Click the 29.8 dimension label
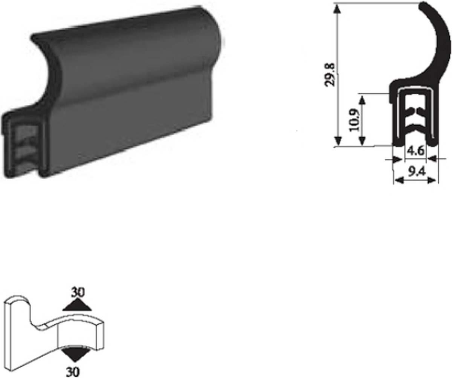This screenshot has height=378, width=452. (330, 75)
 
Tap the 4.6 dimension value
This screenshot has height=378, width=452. (416, 151)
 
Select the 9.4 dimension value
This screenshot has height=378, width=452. (416, 172)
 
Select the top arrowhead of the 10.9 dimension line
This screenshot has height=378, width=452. (362, 99)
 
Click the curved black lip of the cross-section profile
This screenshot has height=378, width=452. (441, 41)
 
